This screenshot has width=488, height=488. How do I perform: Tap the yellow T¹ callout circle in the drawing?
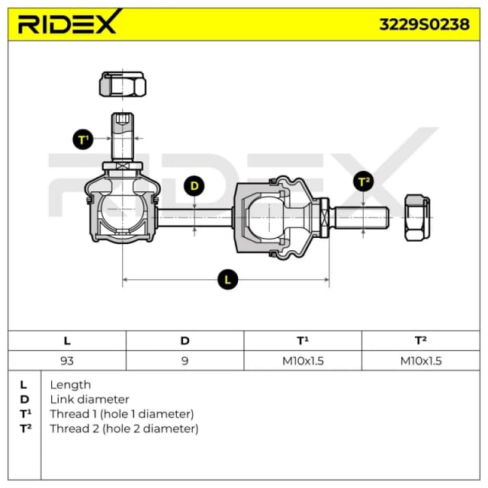point(83,139)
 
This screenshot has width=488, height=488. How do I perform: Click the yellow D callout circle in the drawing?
point(194,186)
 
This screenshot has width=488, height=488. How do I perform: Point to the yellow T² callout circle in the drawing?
point(364,181)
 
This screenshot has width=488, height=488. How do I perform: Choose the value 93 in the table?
point(67,361)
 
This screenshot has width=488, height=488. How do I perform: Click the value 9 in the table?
point(185,361)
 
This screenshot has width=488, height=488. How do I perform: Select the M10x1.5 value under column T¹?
point(303,361)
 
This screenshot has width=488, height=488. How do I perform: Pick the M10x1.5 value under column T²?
point(421,361)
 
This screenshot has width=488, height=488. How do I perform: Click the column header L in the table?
point(67,341)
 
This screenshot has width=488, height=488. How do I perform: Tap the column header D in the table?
point(185,341)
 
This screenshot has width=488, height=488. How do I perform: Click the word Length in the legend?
point(70,385)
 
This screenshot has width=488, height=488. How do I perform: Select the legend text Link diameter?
point(89,400)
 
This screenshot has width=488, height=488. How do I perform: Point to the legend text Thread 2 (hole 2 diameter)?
point(124,429)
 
